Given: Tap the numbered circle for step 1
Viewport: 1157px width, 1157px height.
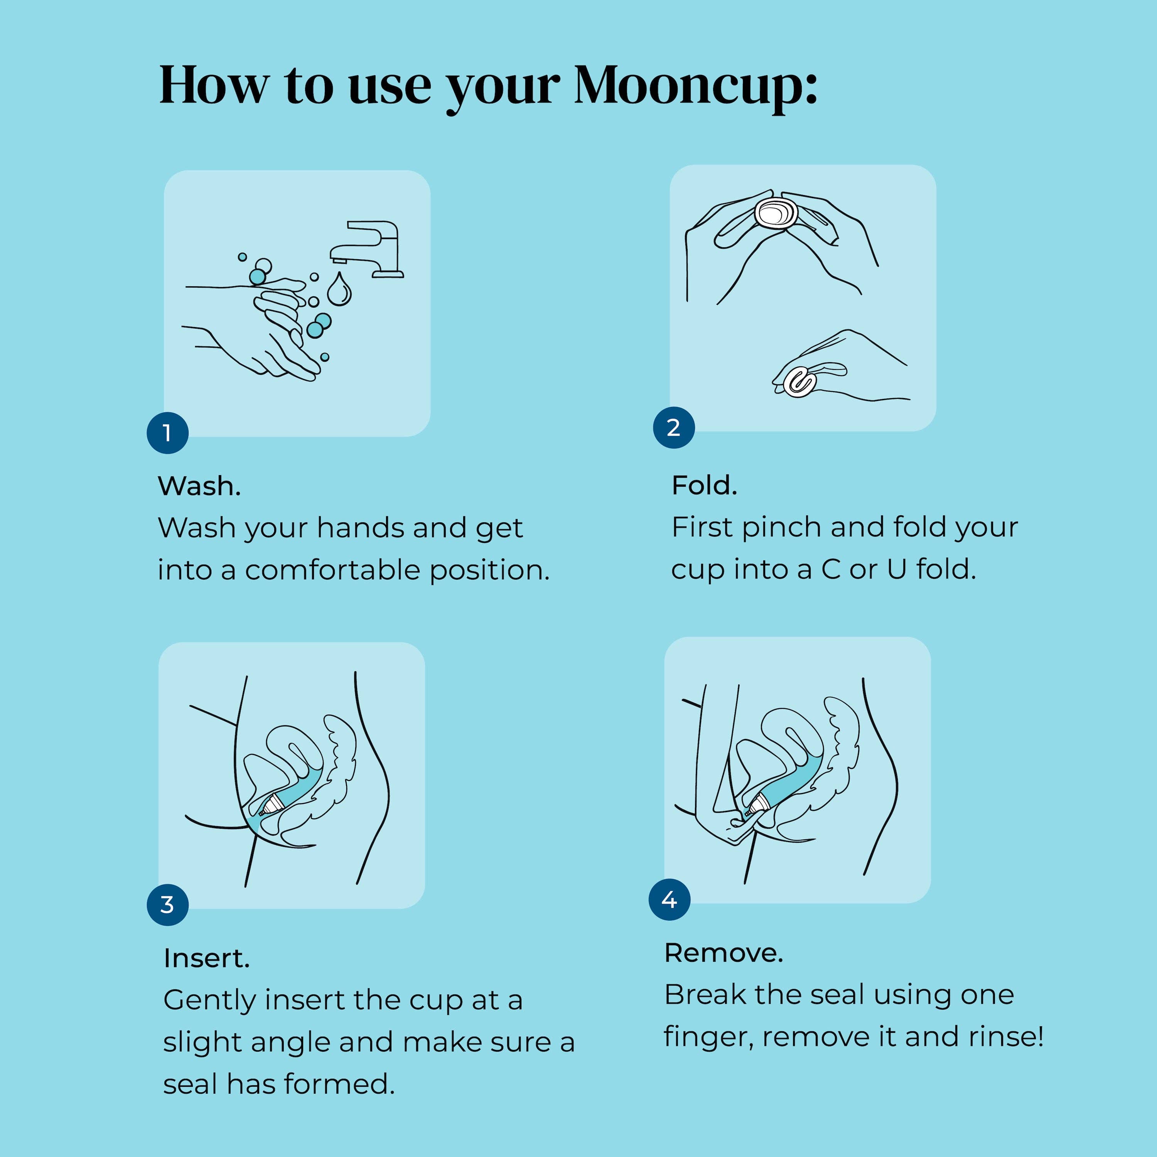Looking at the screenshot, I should pyautogui.click(x=168, y=432).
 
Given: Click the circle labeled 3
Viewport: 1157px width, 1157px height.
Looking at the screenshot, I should pyautogui.click(x=168, y=905).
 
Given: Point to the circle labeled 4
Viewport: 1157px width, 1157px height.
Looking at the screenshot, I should pyautogui.click(x=670, y=899).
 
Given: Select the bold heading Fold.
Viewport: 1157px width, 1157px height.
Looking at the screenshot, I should pyautogui.click(x=704, y=485).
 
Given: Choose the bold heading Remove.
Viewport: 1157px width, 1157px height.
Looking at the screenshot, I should pyautogui.click(x=724, y=953).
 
